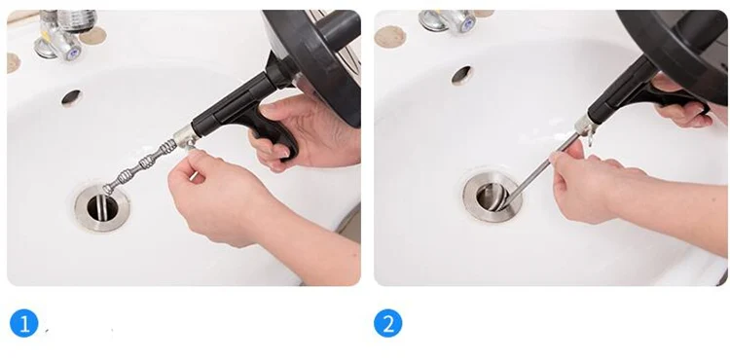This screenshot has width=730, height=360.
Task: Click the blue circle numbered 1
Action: pos(23,323)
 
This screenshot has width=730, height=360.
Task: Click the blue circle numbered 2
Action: pos(388,323)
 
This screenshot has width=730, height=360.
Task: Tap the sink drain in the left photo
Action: pos(102,207)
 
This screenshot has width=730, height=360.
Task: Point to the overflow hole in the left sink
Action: pos(71,97)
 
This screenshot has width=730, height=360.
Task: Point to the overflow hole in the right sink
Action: pos(461,75)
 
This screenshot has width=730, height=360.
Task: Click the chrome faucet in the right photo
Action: pos(448,21)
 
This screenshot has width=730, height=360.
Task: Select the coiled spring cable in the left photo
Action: pos(140,166)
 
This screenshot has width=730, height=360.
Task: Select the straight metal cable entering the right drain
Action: pos(541,170)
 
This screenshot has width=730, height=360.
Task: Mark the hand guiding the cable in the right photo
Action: pos(605,186)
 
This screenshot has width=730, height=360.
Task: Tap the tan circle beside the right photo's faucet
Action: pos(390,37)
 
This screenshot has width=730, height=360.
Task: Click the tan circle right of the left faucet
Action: pos(93,36)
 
